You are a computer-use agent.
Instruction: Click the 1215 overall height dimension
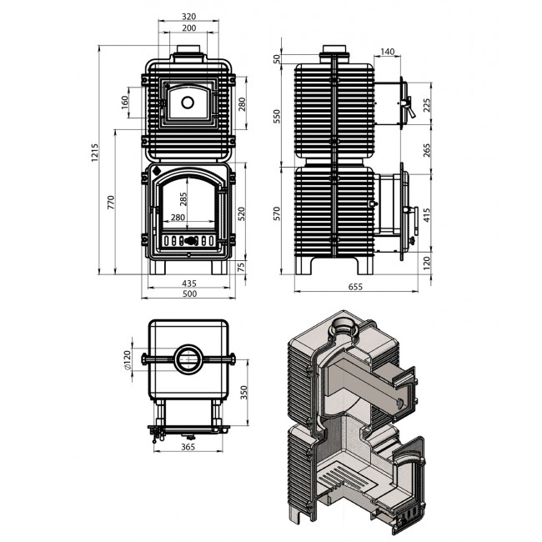coord(95,153)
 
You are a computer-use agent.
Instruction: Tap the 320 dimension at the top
coord(188,16)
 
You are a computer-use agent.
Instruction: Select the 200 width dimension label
coord(188,28)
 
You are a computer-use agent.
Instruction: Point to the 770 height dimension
coord(111,203)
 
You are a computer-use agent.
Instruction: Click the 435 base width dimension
coord(189,284)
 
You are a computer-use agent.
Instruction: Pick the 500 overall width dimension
coord(189,294)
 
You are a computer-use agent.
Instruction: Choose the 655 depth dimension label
coord(355,287)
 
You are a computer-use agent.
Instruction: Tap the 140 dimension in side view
coord(387,52)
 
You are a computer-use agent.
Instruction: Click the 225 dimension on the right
coord(427,105)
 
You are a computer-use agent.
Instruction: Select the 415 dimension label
coord(427,215)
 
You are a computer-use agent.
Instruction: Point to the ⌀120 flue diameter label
coord(128,361)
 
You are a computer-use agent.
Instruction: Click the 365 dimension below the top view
coord(188,447)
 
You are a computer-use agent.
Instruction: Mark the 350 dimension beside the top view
coord(244,393)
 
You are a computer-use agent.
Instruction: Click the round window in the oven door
coord(188,103)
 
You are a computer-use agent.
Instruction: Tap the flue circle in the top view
coord(188,359)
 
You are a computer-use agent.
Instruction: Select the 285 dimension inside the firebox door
coord(183,199)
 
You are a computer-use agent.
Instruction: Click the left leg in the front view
coord(158,267)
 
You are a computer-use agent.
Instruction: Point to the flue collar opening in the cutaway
coord(343,326)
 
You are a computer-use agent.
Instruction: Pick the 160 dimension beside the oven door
coord(124,103)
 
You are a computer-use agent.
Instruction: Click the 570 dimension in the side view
coord(277,213)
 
